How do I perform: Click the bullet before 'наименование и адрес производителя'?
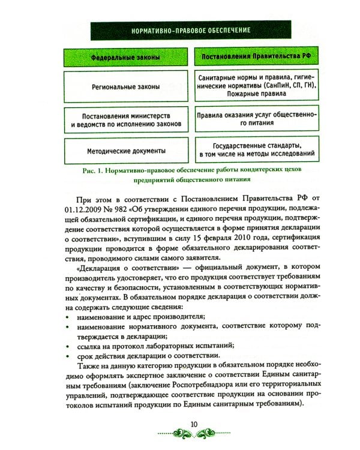click(x=65, y=317)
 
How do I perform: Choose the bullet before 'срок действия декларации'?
click(x=65, y=357)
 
